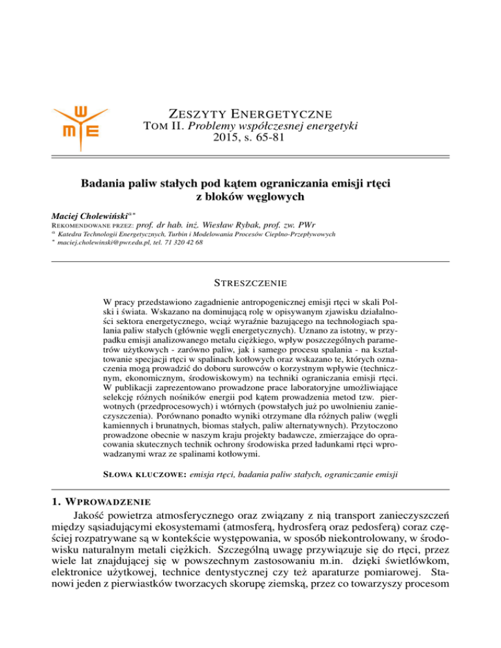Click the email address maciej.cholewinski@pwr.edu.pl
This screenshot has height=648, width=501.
(x=107, y=243)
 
